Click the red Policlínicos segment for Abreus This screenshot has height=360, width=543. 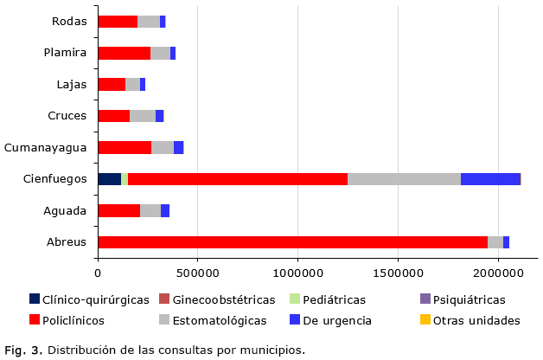coord(292,242)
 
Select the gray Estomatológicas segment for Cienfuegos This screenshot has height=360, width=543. coord(404,179)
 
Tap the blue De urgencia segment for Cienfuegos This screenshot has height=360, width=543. coord(490,179)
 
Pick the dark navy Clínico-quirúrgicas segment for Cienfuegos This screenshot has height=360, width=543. coord(109,179)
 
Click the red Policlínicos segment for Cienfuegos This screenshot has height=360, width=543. coord(238,179)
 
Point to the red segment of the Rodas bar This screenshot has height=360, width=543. coord(118,22)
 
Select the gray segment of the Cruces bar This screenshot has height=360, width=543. coord(143,116)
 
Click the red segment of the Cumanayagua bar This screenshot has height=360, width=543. coord(125,147)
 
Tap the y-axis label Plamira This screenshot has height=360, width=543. coord(66,53)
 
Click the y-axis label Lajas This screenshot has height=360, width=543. coord(72,84)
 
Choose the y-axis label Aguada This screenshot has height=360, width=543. coord(65,210)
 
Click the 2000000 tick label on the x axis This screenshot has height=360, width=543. coord(497,273)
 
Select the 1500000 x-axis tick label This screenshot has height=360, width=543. coord(397,273)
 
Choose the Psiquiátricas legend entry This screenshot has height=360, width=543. coord(469,300)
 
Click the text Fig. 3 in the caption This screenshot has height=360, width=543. coord(23,350)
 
